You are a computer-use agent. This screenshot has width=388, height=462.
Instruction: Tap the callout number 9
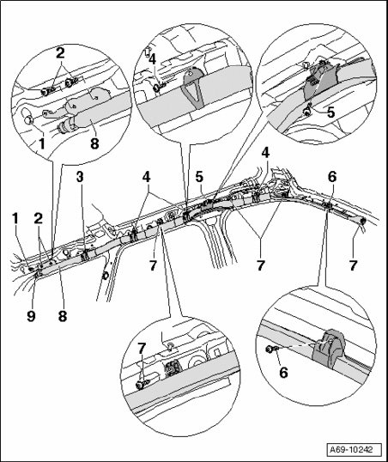pyautogui.click(x=31, y=316)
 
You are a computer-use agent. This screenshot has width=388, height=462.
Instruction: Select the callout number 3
pyautogui.click(x=80, y=177)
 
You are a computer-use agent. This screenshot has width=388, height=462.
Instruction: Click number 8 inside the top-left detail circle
pyautogui.click(x=94, y=143)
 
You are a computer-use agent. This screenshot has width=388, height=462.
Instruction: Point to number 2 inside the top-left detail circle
pyautogui.click(x=60, y=53)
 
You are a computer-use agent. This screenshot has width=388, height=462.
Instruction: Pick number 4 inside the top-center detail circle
pyautogui.click(x=152, y=59)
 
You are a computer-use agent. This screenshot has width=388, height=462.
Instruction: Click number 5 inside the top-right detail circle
pyautogui.click(x=331, y=112)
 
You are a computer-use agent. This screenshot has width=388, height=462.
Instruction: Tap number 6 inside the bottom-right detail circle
pyautogui.click(x=283, y=373)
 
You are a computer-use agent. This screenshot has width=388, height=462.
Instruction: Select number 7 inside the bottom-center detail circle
pyautogui.click(x=142, y=349)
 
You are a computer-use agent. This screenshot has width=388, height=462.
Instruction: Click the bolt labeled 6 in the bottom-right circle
pyautogui.click(x=270, y=350)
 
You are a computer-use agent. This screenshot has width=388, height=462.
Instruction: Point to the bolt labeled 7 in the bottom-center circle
pyautogui.click(x=141, y=385)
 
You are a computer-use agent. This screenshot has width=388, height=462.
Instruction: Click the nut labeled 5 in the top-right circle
pyautogui.click(x=307, y=111)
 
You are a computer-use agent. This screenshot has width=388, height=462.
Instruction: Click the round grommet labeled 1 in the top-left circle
pyautogui.click(x=29, y=119)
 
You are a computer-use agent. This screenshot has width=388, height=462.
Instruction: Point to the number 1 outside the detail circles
pyautogui.click(x=15, y=219)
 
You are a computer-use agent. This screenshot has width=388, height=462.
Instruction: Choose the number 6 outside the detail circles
pyautogui.click(x=331, y=177)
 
